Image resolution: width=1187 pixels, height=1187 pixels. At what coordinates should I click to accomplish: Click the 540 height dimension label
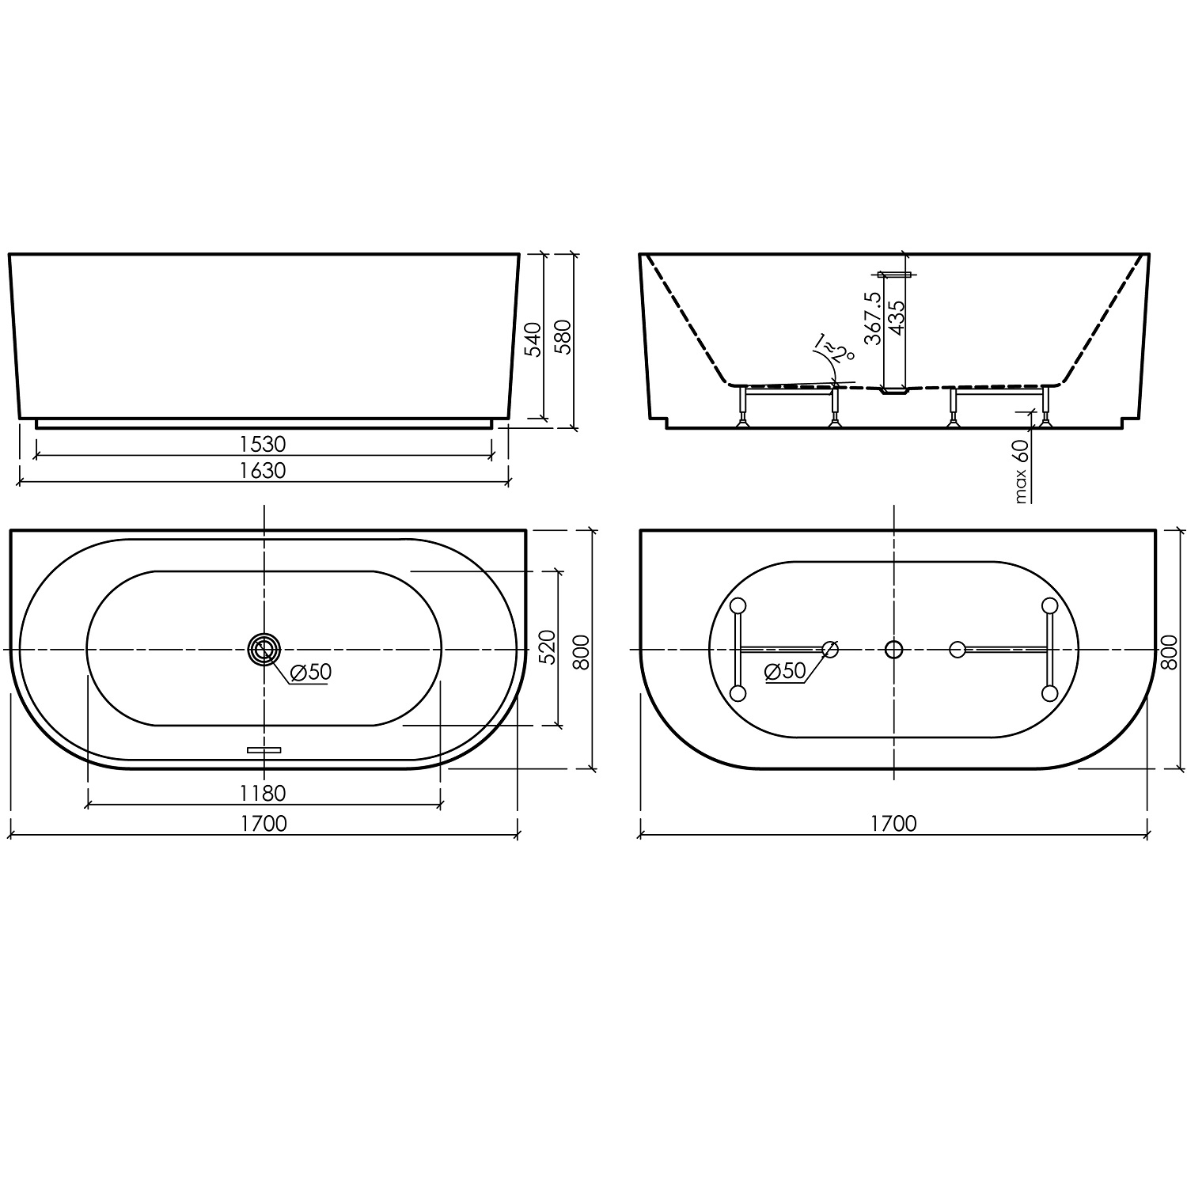[x=534, y=339]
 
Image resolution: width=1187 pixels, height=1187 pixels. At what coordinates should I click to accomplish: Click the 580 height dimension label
[x=563, y=339]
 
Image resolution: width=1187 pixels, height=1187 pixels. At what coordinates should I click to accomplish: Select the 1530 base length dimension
[x=264, y=444]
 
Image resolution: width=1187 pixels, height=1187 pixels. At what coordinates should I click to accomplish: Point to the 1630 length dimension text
[x=264, y=470]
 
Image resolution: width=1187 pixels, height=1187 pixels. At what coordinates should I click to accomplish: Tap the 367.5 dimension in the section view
[x=873, y=317]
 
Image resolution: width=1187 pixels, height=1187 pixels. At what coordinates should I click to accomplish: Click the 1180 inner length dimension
[x=264, y=792]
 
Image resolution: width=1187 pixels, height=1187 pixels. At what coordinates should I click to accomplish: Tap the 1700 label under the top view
[x=264, y=824]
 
